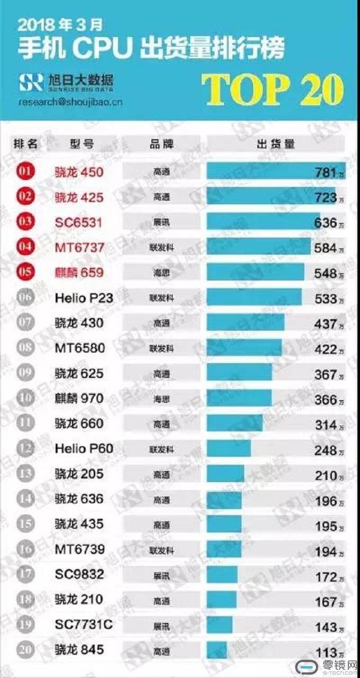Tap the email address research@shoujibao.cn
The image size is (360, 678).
pyautogui.click(x=70, y=102)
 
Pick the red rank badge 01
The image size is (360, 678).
pyautogui.click(x=26, y=172)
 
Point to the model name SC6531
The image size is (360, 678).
pyautogui.click(x=78, y=223)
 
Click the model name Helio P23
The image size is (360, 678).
pyautogui.click(x=84, y=299)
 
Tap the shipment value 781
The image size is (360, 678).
pyautogui.click(x=326, y=173)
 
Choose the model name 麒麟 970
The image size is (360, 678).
pyautogui.click(x=79, y=399)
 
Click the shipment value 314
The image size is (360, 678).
pyautogui.click(x=326, y=425)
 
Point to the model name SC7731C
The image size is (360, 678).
pyautogui.click(x=84, y=625)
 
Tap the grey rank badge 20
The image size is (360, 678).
pyautogui.click(x=26, y=650)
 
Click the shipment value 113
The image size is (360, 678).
pyautogui.click(x=326, y=653)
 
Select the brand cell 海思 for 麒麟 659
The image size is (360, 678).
pyautogui.click(x=161, y=274)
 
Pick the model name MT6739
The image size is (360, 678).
pyautogui.click(x=79, y=549)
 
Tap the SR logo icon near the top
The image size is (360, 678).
pyautogui.click(x=30, y=82)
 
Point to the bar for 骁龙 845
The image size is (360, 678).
pyautogui.click(x=217, y=650)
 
